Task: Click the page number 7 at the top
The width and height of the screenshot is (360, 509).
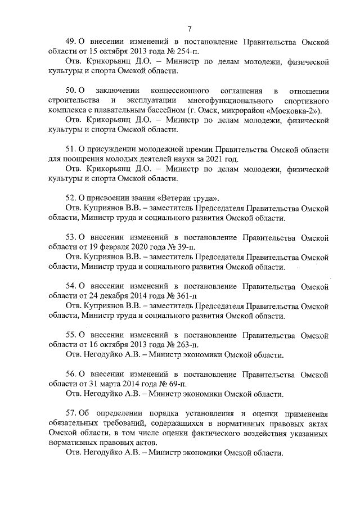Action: click(190, 29)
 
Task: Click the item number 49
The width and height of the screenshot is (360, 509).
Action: click(70, 42)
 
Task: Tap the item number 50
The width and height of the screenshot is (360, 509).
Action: click(70, 91)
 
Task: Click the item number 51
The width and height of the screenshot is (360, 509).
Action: click(70, 149)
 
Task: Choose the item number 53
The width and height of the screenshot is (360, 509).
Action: click(70, 237)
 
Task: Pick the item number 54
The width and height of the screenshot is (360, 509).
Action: click(70, 286)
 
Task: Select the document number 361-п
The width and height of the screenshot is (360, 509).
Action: click(180, 295)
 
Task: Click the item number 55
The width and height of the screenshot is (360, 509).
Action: click(70, 335)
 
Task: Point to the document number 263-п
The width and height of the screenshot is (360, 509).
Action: click(180, 344)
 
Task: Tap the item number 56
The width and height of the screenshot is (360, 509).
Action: click(70, 373)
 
